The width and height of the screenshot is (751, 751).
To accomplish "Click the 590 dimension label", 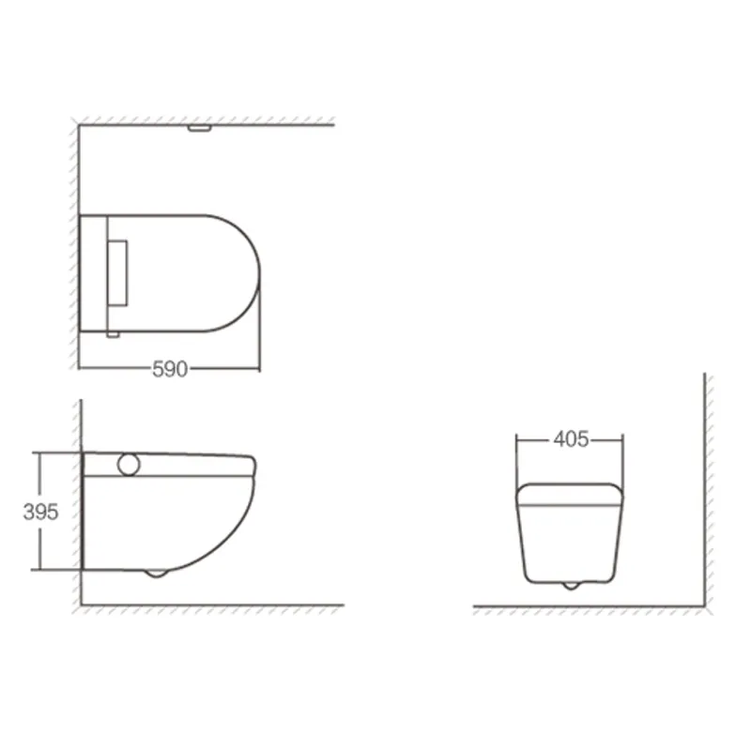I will (170, 369).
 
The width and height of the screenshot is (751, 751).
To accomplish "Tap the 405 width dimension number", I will (571, 439).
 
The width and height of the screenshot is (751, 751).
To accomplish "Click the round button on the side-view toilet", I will (129, 463).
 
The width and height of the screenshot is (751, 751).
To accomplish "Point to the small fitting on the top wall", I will (198, 128).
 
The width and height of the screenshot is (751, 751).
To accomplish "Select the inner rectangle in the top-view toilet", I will (118, 273).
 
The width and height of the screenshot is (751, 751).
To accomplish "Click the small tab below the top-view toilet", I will (113, 333).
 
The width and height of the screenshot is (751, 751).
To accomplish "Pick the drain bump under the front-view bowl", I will (570, 585).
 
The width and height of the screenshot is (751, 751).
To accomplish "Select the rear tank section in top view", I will (94, 273).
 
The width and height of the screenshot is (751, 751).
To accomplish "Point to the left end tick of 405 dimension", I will (518, 439).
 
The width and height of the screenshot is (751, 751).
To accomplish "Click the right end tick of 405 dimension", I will (622, 439).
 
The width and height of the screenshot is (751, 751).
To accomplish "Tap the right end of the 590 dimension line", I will (259, 369).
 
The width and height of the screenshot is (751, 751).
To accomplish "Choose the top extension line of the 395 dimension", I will (56, 452).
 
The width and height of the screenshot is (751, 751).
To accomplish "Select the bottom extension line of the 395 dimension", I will (56, 569).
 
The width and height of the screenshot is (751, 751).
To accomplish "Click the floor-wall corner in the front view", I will (705, 607).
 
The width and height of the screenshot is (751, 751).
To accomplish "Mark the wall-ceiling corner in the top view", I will (79, 125).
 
